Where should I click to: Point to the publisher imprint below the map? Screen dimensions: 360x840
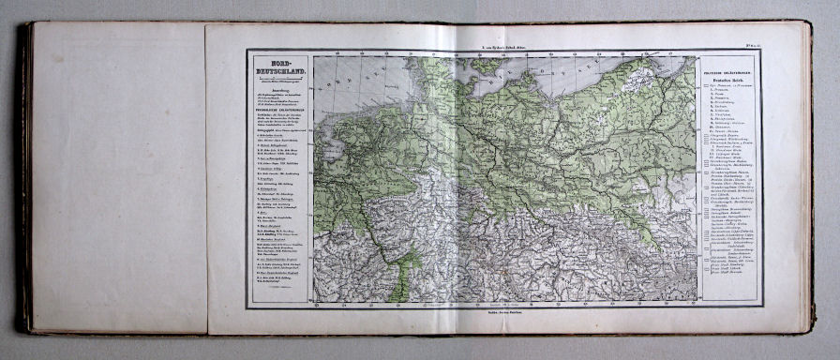[506, 320]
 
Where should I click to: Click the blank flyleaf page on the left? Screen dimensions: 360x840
[117, 178]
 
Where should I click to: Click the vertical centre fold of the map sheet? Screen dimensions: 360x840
[457, 178]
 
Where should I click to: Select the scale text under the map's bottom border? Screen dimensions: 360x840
[506, 307]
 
